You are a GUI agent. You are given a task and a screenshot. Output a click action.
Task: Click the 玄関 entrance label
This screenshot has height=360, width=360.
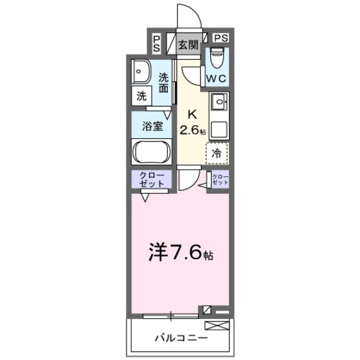pos(188,45)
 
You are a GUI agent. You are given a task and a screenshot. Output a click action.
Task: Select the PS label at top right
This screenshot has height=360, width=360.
pos(220,38)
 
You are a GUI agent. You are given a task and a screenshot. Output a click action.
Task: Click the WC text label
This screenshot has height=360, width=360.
pos(215,78)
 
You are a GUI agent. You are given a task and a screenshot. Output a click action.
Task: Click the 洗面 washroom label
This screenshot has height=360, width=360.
pos(164,81)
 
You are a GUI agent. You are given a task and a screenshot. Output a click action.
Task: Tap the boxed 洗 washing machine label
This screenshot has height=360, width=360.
pos(141,97)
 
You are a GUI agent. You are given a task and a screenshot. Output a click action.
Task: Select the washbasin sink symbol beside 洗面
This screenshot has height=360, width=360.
pos(141,72)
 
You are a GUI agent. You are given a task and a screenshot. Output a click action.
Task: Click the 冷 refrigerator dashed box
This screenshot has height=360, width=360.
pos(217,153)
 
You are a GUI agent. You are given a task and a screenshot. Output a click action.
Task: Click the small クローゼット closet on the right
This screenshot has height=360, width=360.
pos(220,180)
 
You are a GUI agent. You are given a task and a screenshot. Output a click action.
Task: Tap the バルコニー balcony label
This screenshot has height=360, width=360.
pos(181,336)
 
